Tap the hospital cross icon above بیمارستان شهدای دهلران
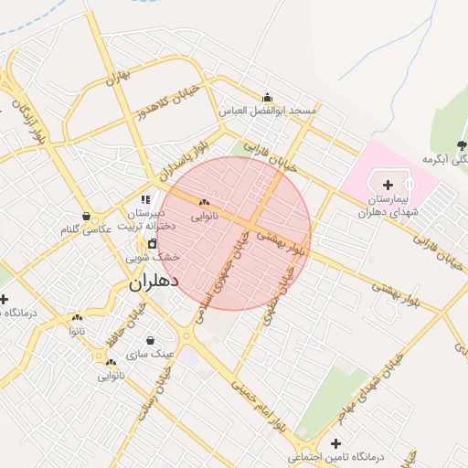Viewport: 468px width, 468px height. [x=388, y=185]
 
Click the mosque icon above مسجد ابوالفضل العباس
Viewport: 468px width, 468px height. [x=267, y=98]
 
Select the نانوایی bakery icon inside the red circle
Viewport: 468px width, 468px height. [x=204, y=203]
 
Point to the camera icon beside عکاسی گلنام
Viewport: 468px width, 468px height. [x=86, y=217]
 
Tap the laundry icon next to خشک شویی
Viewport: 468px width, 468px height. [x=152, y=244]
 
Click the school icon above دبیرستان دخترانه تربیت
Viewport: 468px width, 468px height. [x=144, y=199]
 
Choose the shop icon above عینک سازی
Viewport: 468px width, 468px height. [x=149, y=341]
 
